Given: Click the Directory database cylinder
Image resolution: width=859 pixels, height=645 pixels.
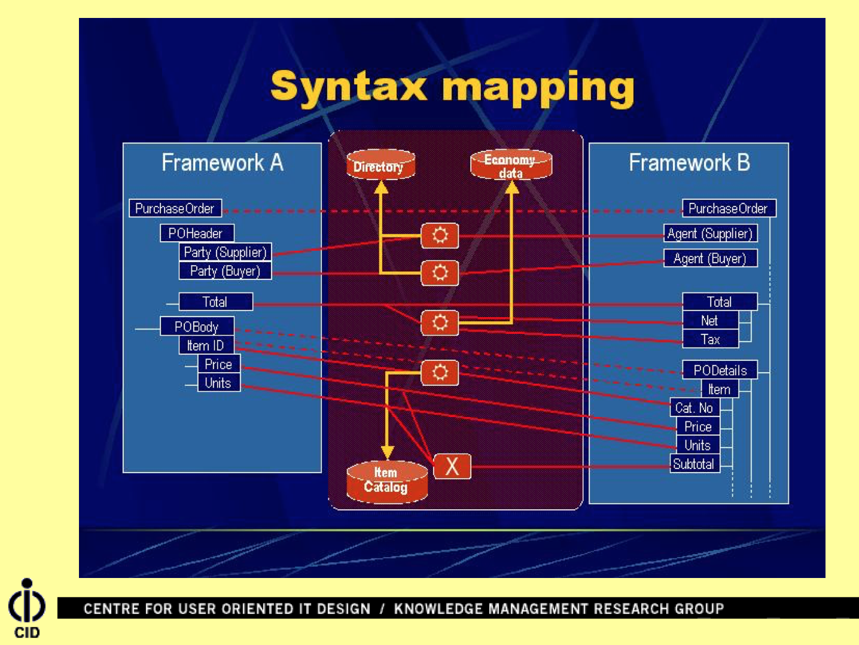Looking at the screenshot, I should tap(380, 165).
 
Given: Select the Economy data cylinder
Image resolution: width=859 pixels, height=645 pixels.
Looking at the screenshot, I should tap(511, 165).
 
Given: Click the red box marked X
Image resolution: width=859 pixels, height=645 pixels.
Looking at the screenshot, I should tap(452, 466).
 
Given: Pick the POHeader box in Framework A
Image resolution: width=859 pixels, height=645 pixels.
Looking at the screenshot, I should tap(196, 233).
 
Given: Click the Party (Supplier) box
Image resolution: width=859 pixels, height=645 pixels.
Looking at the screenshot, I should tap(225, 252).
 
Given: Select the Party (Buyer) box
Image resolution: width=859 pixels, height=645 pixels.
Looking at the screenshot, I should tap(225, 271).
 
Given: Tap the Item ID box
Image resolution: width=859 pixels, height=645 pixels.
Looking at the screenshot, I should tap(206, 345).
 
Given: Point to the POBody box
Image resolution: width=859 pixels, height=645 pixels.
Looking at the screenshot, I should tap(197, 327).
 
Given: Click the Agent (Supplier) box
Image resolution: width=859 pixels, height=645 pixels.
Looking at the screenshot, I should tap(710, 233).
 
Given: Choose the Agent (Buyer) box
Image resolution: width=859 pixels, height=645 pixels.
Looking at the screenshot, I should tap(710, 258).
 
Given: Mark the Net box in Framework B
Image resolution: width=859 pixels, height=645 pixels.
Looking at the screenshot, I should tap(710, 321).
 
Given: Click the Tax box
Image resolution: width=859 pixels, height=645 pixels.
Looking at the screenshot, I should tap(710, 339).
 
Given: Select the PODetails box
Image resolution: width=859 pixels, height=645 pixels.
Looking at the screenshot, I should tap(720, 370).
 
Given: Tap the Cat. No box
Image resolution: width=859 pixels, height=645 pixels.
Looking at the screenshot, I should tap(694, 408).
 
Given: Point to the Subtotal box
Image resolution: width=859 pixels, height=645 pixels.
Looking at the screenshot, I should tap(694, 464).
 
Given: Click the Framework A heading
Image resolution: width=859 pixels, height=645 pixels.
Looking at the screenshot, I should tap(222, 163).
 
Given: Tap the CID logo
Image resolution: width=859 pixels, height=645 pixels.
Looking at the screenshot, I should tap(26, 608).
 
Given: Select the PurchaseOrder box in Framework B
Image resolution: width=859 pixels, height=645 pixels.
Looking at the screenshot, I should tap(728, 208).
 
